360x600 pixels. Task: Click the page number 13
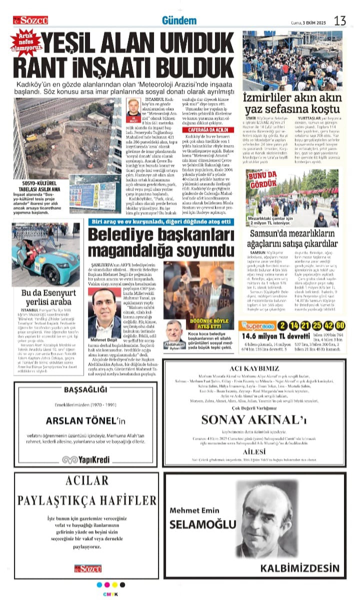point(340,21)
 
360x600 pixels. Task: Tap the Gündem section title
point(179,21)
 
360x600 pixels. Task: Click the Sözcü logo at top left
point(31,20)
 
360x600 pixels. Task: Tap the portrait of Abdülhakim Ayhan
point(173,330)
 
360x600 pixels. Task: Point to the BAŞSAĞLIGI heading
point(87,390)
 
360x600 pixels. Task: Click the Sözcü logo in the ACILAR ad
point(88,568)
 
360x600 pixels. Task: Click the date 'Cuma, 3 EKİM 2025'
point(308,22)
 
